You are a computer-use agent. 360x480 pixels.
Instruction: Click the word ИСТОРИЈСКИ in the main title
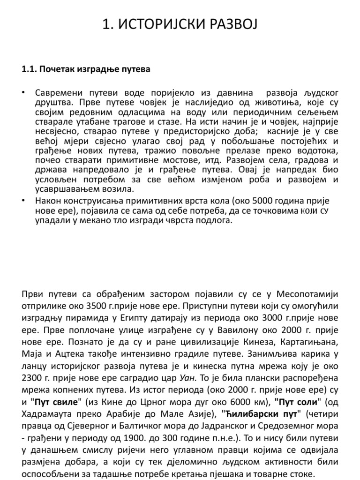(155, 24)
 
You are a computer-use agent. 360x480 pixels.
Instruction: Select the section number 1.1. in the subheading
(30, 69)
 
